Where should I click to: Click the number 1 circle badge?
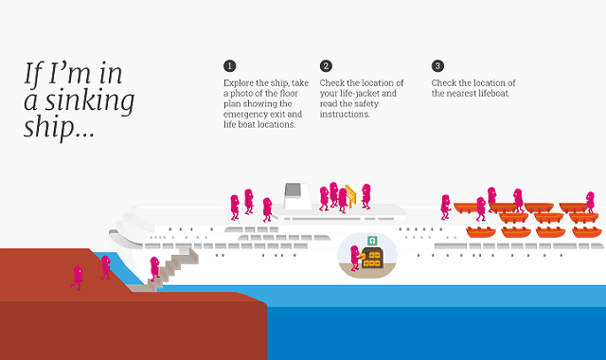pyautogui.click(x=229, y=65)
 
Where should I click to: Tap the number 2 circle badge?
pyautogui.click(x=326, y=65)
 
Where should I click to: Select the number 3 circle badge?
pyautogui.click(x=437, y=65)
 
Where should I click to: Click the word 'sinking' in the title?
pyautogui.click(x=91, y=99)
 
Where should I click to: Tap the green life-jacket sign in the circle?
pyautogui.click(x=373, y=240)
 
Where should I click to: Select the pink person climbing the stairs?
pyautogui.click(x=154, y=268)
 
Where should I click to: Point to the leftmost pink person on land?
pyautogui.click(x=78, y=277)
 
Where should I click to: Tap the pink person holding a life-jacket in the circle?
pyautogui.click(x=356, y=257)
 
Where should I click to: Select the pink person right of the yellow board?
pyautogui.click(x=366, y=195)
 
